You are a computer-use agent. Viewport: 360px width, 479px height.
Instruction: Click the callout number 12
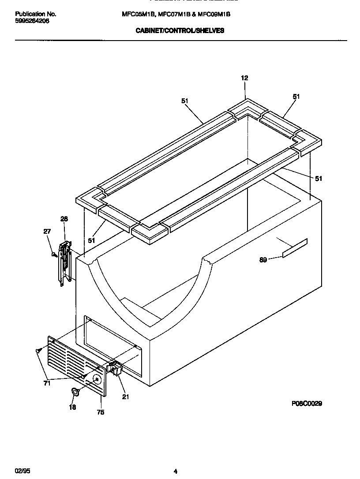coord(244,78)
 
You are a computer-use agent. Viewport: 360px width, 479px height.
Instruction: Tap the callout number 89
coord(263,260)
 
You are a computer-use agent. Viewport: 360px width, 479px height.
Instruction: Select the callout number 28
coord(64,219)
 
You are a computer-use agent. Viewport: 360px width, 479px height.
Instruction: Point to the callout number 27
coord(47,232)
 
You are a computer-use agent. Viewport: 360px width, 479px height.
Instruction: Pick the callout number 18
coord(72,407)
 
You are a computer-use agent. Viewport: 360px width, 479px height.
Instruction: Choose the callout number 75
coord(101,412)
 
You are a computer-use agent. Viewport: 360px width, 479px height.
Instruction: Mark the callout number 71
coord(47,383)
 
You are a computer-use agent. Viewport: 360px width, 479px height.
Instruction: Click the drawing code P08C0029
coord(306,404)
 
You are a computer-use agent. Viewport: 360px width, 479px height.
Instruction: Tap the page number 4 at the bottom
coord(175,472)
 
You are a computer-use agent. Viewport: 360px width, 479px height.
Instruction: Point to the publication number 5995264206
coord(32,20)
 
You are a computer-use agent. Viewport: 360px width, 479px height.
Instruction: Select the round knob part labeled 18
coord(75,391)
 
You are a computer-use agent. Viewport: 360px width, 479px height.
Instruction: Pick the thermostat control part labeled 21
coord(114,368)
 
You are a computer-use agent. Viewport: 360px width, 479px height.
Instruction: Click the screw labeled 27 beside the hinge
coord(54,254)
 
